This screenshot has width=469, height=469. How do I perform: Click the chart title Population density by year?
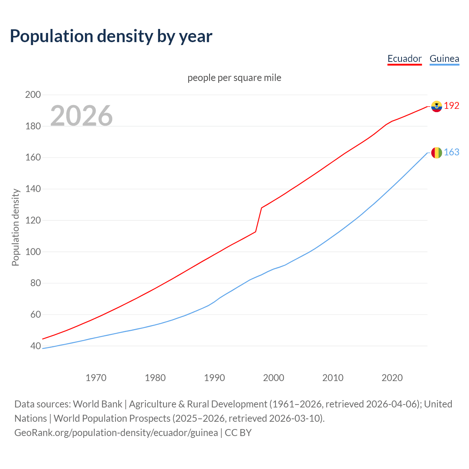click(111, 36)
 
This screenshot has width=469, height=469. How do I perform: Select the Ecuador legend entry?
click(405, 59)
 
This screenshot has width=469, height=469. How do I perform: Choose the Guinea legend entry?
click(444, 59)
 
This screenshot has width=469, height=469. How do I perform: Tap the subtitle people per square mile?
click(234, 78)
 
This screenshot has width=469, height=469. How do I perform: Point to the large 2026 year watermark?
click(81, 116)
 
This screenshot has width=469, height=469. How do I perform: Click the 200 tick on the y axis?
click(33, 95)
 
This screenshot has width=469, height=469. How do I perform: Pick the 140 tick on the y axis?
click(33, 189)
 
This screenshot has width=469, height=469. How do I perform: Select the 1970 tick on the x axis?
click(96, 378)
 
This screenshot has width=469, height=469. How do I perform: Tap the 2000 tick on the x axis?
click(274, 378)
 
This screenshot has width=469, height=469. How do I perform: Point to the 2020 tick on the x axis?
click(392, 378)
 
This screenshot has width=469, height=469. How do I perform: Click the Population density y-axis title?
click(15, 227)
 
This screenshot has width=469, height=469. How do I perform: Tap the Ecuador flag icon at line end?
click(436, 106)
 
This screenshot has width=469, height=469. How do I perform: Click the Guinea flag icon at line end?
click(436, 153)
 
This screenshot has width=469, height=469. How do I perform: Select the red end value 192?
click(451, 106)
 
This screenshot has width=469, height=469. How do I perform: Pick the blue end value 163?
click(451, 152)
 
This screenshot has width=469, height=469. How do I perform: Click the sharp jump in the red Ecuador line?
click(259, 220)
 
